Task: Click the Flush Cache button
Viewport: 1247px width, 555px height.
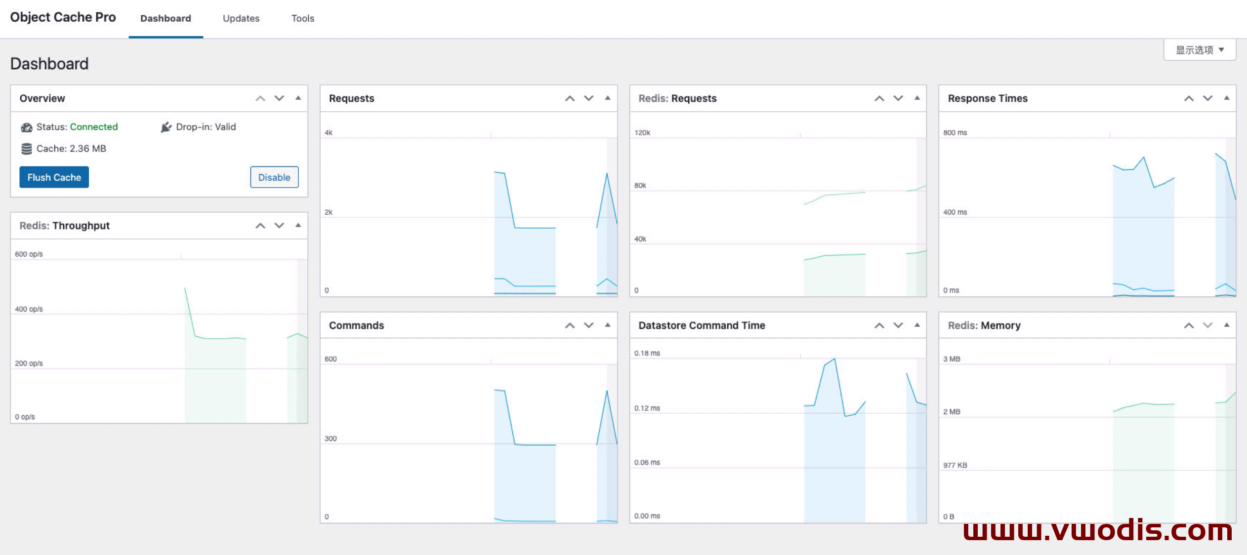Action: pos(54,177)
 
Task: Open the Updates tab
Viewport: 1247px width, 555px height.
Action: pos(241,18)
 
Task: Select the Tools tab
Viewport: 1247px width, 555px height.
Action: pos(303,18)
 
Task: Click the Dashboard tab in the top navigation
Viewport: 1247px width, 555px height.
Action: pos(166,18)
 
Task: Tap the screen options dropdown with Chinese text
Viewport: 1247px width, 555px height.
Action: pos(1200,50)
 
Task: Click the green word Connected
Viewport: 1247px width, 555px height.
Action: pos(94,127)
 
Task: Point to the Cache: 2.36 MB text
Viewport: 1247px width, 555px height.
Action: pos(71,149)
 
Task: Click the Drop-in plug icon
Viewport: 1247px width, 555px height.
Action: pos(166,127)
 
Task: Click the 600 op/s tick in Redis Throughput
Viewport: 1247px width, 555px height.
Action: pos(29,254)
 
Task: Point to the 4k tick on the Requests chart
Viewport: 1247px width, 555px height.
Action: pos(329,133)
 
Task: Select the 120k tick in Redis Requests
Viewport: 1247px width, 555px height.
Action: pos(642,133)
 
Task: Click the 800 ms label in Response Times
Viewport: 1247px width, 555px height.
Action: pos(955,133)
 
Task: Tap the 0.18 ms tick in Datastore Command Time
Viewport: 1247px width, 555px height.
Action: pos(647,354)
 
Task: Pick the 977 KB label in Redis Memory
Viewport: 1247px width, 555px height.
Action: pos(955,465)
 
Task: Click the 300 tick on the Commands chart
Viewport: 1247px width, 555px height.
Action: pos(331,438)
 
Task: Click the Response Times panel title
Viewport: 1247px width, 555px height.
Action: pos(988,98)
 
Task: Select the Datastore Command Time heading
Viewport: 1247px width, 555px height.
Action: pos(702,325)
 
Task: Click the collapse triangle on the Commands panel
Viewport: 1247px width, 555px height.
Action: pos(608,325)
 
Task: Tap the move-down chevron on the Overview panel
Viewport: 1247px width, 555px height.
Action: pos(279,98)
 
